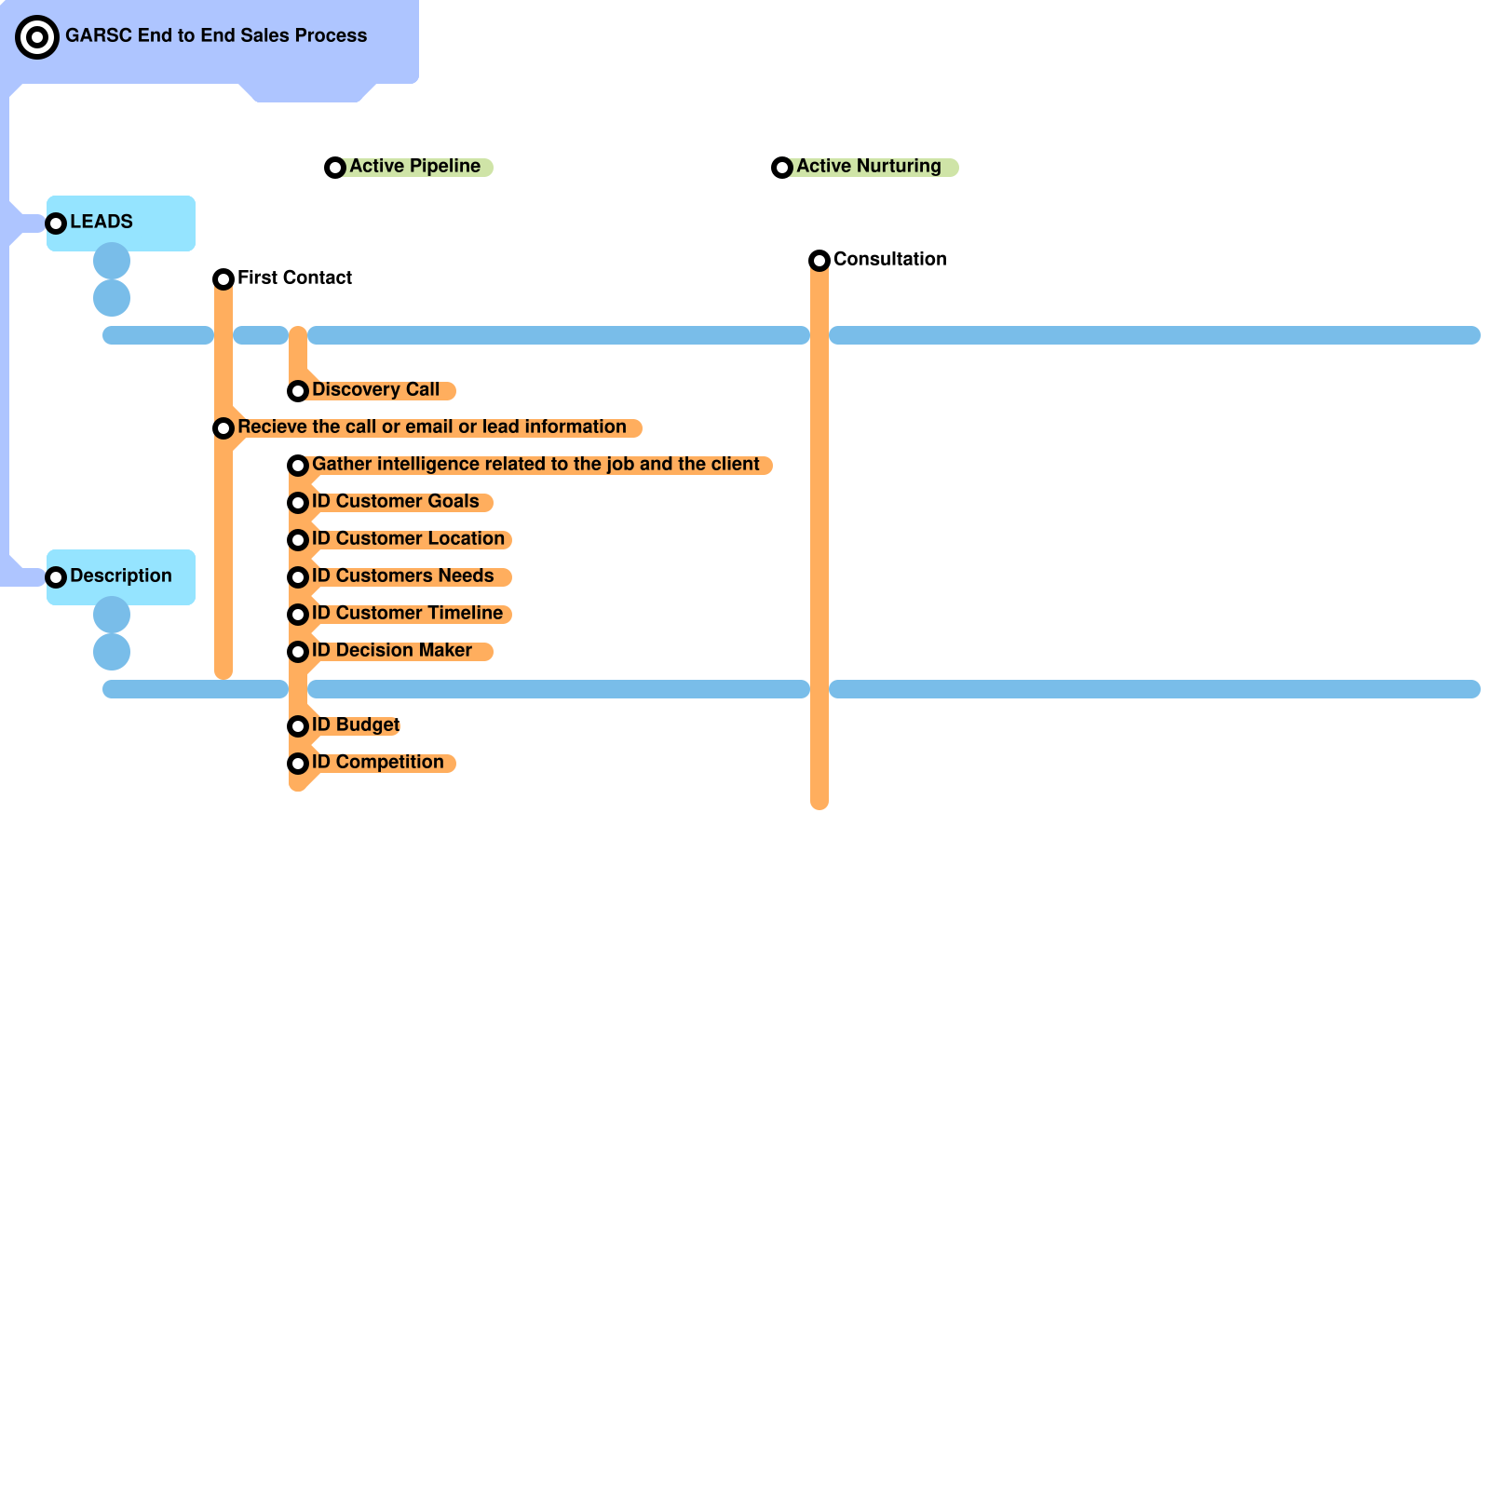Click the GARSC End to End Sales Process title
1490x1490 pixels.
click(x=216, y=36)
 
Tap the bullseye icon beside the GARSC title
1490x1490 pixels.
click(x=37, y=37)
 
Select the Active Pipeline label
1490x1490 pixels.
click(x=414, y=167)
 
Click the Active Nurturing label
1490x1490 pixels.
click(x=868, y=167)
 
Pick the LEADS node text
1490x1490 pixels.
click(x=102, y=223)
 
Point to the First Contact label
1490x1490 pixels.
click(x=294, y=278)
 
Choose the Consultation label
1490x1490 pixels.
click(x=889, y=260)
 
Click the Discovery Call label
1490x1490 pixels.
click(x=375, y=390)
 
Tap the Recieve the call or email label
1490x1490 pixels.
click(x=431, y=427)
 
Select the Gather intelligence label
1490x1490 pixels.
click(x=535, y=465)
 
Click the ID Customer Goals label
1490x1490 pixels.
click(x=395, y=502)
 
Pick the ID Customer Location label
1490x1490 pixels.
click(x=408, y=539)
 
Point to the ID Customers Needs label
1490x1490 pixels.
click(x=402, y=576)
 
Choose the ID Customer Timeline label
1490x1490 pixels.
click(x=407, y=614)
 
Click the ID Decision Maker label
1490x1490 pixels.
click(x=391, y=651)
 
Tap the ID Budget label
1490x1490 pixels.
click(x=355, y=725)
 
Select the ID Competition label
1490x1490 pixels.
click(x=377, y=763)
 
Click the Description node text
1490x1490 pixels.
click(x=120, y=576)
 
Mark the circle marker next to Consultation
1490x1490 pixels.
click(x=819, y=261)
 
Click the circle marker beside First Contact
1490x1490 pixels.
click(x=223, y=279)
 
